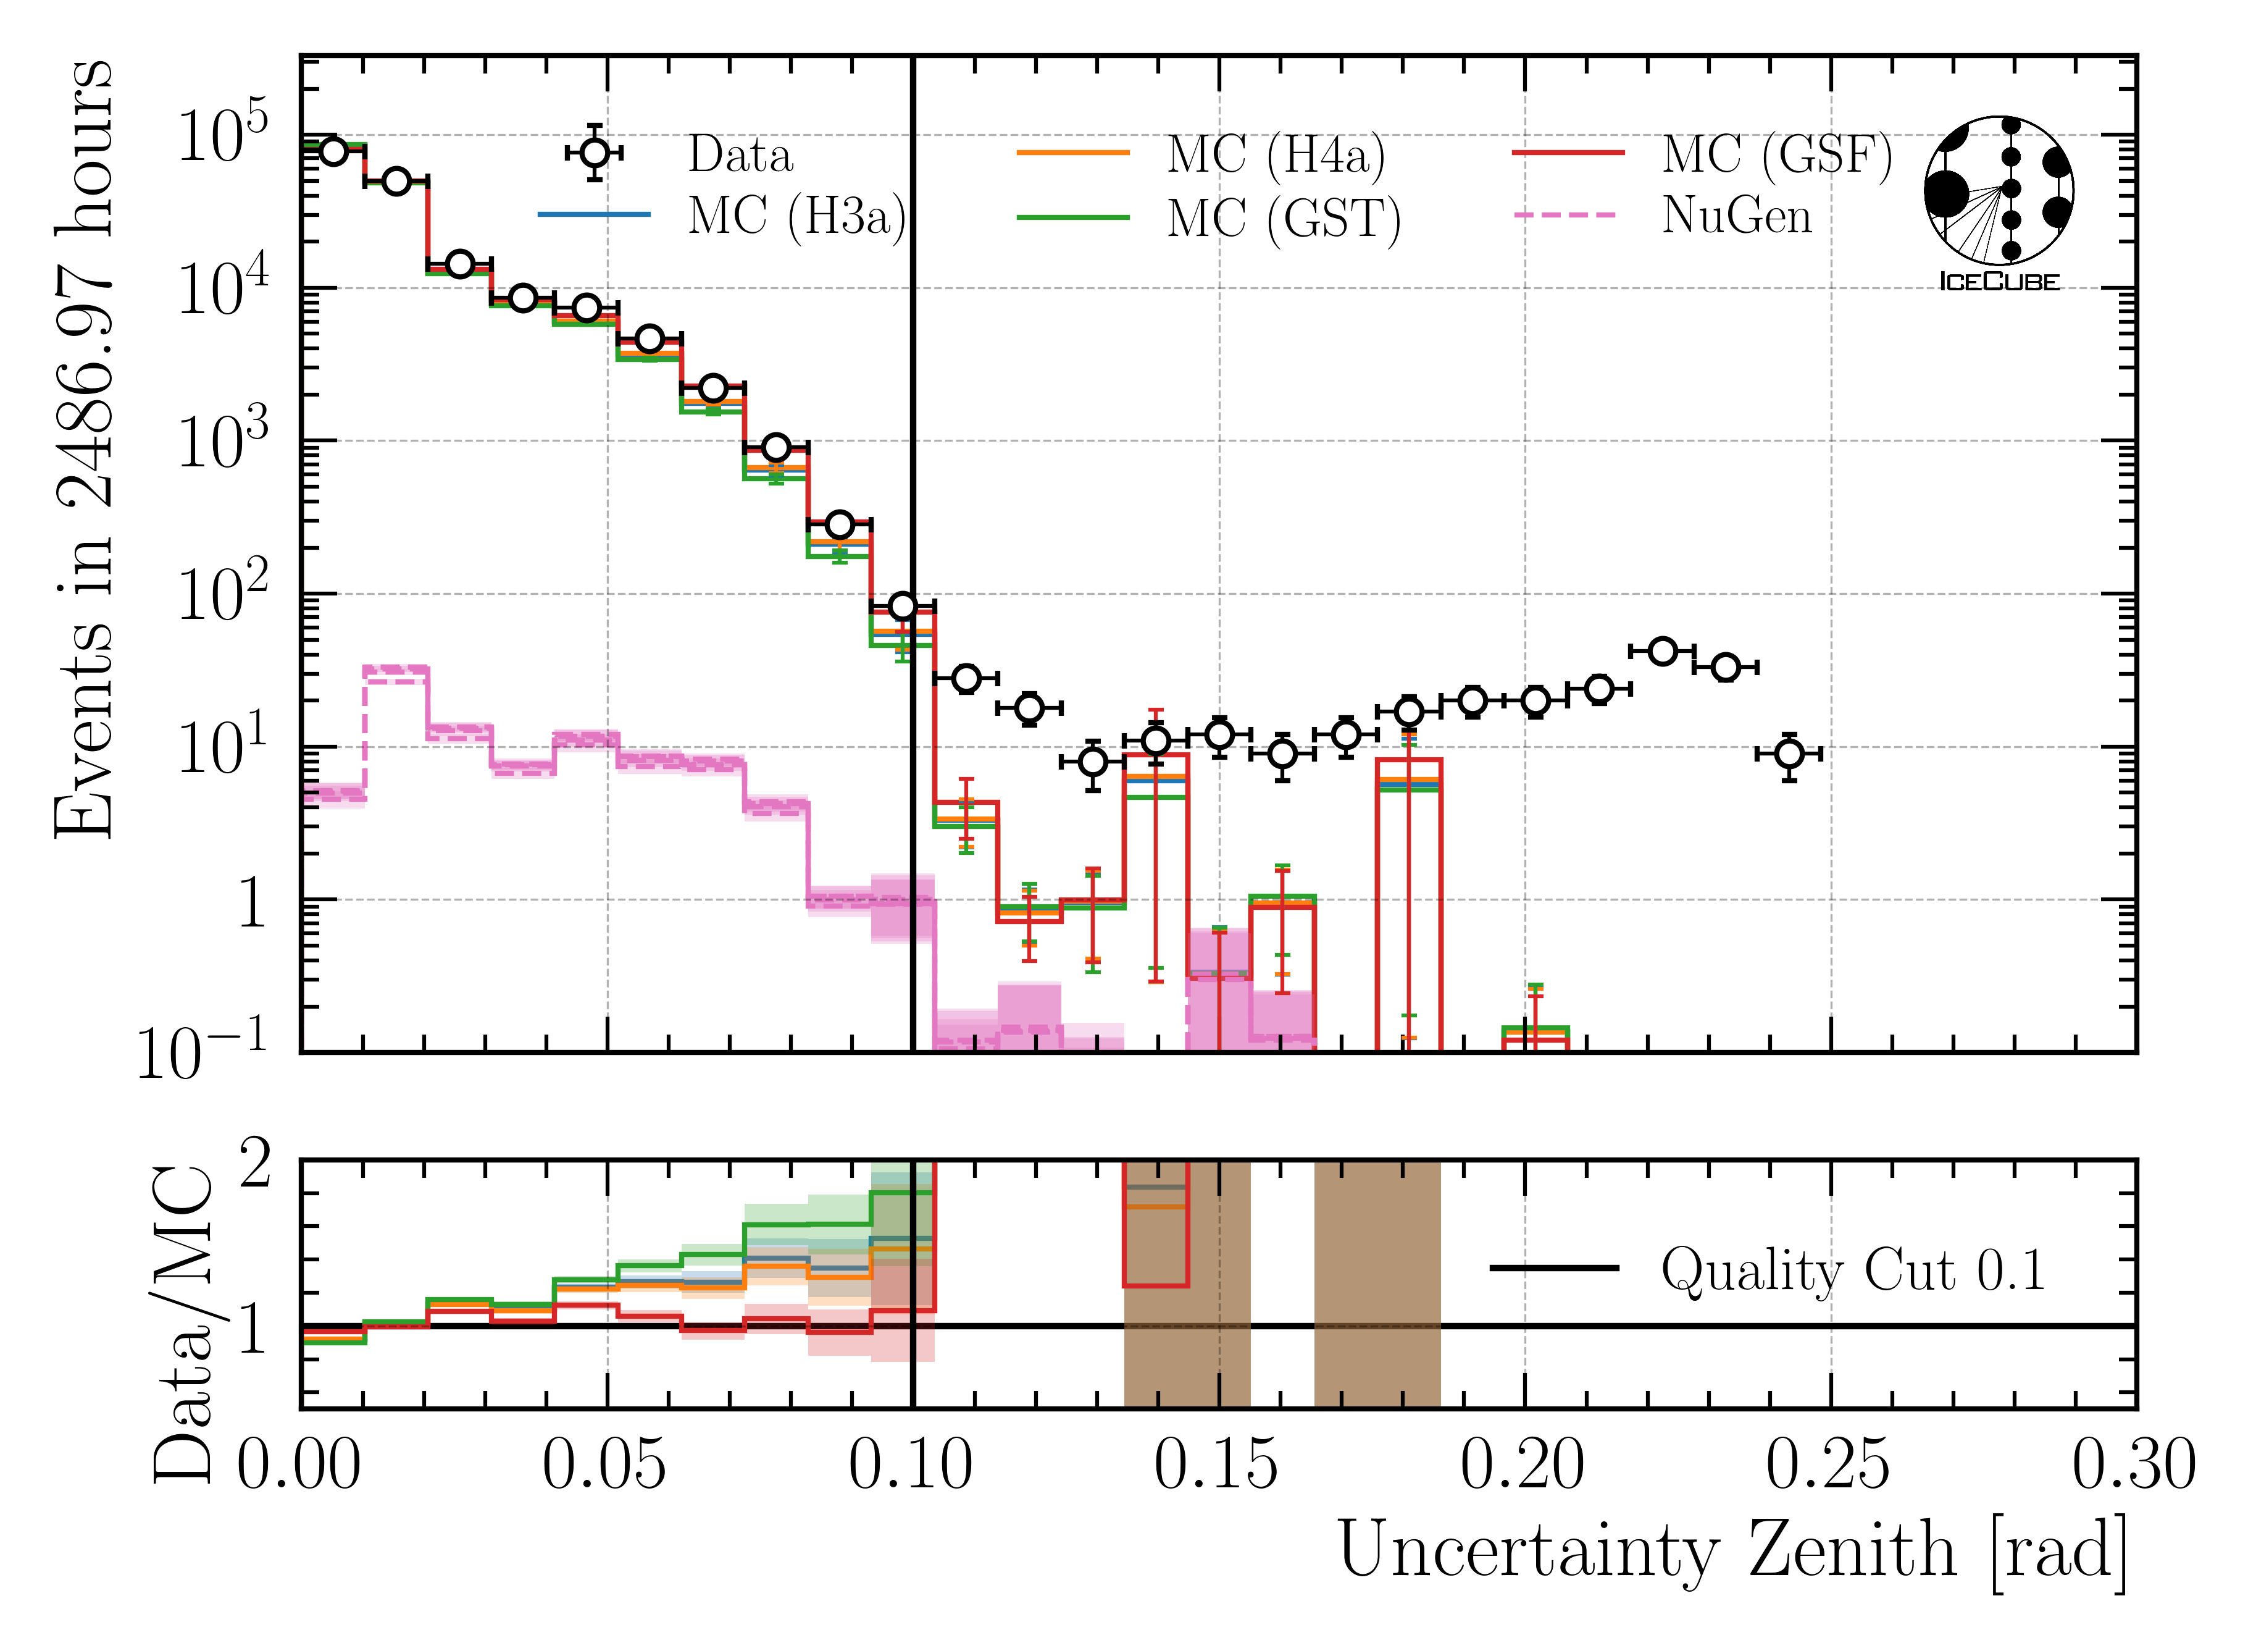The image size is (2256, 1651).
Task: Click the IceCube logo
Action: (x=1998, y=200)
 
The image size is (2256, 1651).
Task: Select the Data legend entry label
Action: (x=740, y=155)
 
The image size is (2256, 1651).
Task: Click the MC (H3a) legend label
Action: (x=796, y=216)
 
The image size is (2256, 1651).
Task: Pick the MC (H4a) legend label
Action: (x=1276, y=155)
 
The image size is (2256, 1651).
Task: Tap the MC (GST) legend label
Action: (x=1284, y=218)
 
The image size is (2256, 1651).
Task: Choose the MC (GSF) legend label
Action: (x=1776, y=155)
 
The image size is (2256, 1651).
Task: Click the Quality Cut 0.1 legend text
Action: (x=1853, y=1271)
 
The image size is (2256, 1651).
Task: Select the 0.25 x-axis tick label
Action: (x=1828, y=1466)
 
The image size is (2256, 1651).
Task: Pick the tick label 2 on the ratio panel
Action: (x=255, y=1164)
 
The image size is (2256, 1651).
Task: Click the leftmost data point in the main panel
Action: (x=333, y=151)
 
